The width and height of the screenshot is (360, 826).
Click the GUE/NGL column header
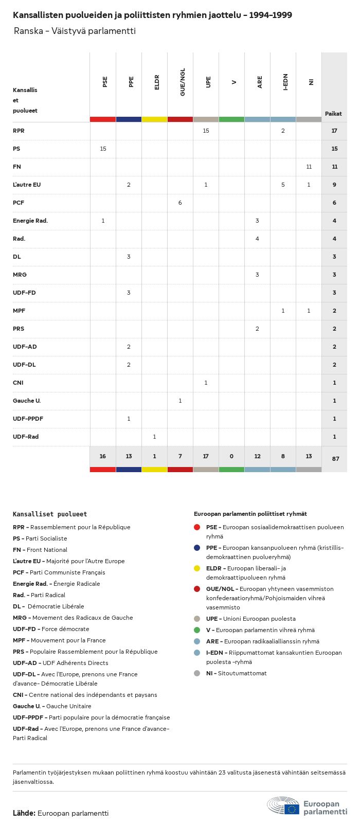[x=183, y=82]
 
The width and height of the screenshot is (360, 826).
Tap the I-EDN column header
[x=285, y=82]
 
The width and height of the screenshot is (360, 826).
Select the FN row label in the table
[x=17, y=167]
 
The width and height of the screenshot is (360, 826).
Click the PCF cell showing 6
[x=180, y=203]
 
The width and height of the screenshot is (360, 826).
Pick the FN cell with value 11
[x=309, y=167]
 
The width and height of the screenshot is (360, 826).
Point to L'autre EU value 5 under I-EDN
[x=283, y=185]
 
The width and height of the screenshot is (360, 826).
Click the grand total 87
[x=335, y=458]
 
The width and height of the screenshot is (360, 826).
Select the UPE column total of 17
[x=206, y=456]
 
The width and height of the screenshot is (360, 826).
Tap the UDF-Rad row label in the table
[x=26, y=437]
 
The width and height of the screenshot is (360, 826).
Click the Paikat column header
[x=333, y=114]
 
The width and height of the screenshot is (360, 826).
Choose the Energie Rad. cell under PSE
[x=103, y=221]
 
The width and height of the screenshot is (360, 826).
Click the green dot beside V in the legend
[x=197, y=630]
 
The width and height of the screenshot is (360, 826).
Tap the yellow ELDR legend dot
[x=197, y=568]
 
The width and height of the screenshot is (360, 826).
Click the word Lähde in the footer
[x=24, y=813]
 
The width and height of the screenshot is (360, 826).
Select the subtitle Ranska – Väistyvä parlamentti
[x=75, y=31]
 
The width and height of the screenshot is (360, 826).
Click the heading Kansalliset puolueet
[x=50, y=514]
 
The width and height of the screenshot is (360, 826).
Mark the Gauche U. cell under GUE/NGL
[x=180, y=401]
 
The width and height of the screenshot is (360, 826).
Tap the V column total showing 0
[x=231, y=456]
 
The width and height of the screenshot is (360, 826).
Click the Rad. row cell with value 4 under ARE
[x=257, y=239]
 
